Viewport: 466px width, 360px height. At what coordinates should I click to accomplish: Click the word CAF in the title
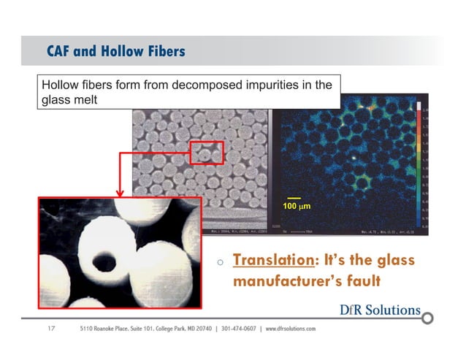click(61, 51)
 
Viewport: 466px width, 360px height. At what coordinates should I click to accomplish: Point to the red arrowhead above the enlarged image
click(119, 193)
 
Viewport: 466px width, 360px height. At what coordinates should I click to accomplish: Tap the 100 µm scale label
click(296, 207)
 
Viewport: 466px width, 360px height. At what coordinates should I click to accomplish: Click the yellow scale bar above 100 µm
click(294, 198)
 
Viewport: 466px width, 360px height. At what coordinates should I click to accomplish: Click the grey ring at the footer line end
click(428, 318)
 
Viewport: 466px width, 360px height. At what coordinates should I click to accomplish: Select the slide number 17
click(51, 329)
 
